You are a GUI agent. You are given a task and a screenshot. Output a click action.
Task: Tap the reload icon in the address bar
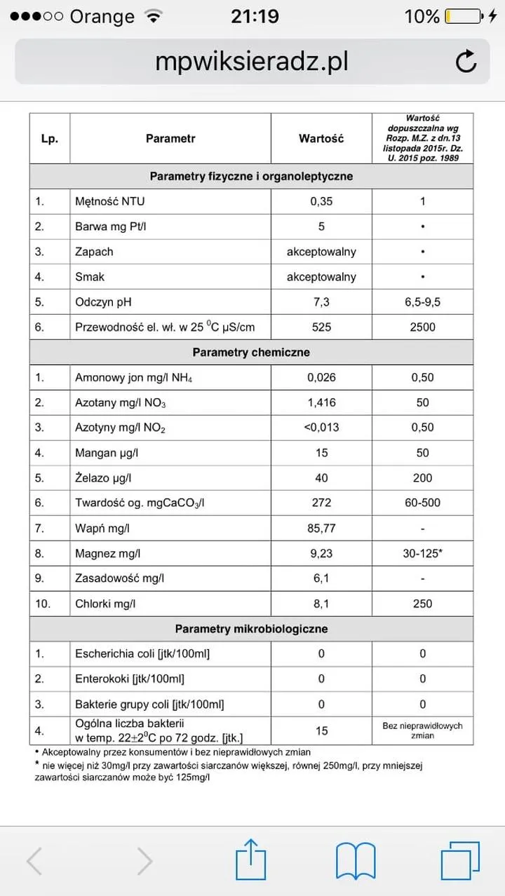466,62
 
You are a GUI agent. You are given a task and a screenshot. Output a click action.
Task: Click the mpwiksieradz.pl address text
252,62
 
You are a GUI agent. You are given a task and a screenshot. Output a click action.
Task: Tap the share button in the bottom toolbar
251,860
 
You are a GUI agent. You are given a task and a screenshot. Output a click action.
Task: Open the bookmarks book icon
356,860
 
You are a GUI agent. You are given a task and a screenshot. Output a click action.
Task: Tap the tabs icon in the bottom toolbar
459,860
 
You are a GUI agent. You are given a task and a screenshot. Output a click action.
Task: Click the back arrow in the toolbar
34,860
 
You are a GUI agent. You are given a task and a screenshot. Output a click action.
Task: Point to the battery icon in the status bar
464,16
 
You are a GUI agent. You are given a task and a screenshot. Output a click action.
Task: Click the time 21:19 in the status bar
255,16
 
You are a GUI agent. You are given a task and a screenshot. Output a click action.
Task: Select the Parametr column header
170,138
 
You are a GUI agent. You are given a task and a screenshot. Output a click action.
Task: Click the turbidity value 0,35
321,201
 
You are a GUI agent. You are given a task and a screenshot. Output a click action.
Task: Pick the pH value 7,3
321,301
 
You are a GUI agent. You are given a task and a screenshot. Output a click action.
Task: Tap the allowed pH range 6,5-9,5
422,301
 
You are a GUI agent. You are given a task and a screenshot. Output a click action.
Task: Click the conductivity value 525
321,327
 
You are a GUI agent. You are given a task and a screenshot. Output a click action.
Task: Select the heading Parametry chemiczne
251,352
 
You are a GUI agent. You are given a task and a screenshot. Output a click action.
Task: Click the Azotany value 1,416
321,402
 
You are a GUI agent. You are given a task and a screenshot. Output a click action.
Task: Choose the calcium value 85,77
321,528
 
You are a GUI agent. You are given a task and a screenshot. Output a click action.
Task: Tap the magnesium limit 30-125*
422,553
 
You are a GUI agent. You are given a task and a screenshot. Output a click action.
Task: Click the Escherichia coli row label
142,653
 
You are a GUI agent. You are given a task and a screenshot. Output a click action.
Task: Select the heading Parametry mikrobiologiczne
251,629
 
